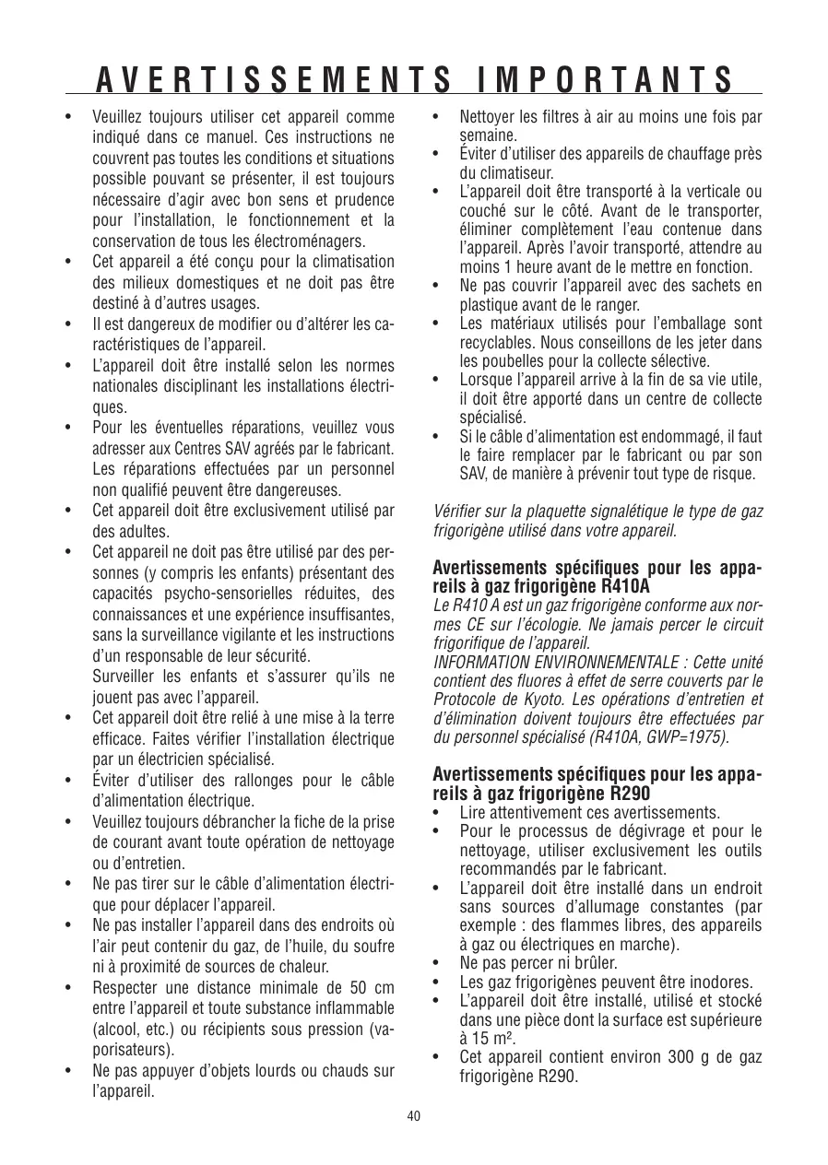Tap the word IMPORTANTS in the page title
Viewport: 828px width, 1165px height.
click(607, 81)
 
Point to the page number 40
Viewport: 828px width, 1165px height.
click(414, 1116)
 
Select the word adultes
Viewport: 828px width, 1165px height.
click(118, 532)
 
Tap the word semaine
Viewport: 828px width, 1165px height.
click(488, 135)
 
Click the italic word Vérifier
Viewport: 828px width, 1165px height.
click(458, 512)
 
